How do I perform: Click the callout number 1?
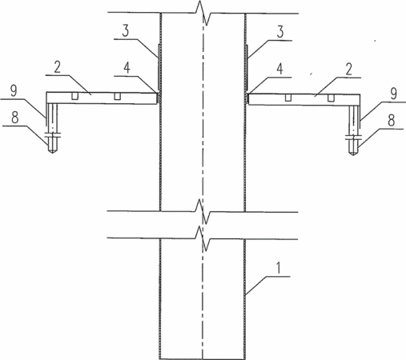pyautogui.click(x=279, y=268)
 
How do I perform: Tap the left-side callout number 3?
pyautogui.click(x=126, y=31)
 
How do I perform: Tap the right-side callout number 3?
pyautogui.click(x=280, y=32)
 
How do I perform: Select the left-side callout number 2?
pyautogui.click(x=57, y=67)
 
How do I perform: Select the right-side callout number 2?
pyautogui.click(x=348, y=69)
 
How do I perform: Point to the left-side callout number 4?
pyautogui.click(x=127, y=68)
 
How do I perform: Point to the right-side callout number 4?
pyautogui.click(x=279, y=69)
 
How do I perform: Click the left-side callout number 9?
pyautogui.click(x=14, y=90)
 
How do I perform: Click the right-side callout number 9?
pyautogui.click(x=394, y=94)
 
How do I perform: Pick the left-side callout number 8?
pyautogui.click(x=15, y=118)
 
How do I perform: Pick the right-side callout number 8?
pyautogui.click(x=392, y=120)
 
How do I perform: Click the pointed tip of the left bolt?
pyautogui.click(x=52, y=154)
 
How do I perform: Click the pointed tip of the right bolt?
pyautogui.click(x=353, y=155)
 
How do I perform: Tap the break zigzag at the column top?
pyautogui.click(x=203, y=13)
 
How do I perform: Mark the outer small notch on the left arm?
pyautogui.click(x=74, y=96)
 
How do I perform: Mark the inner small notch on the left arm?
pyautogui.click(x=117, y=96)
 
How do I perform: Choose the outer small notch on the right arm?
pyautogui.click(x=331, y=98)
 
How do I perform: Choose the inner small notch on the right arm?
pyautogui.click(x=287, y=98)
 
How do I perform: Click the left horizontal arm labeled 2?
pyautogui.click(x=102, y=98)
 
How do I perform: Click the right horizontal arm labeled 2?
pyautogui.click(x=304, y=99)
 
